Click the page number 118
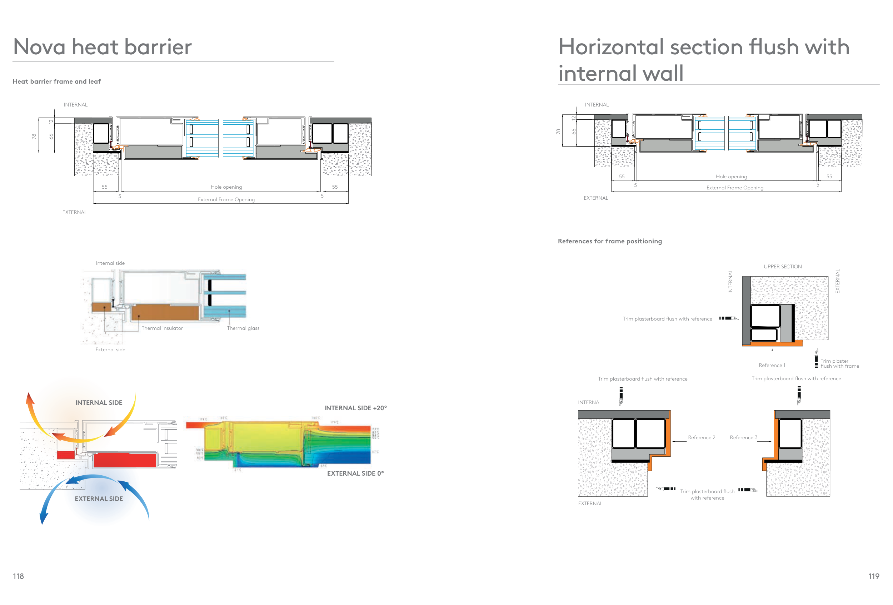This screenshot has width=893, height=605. tap(18, 576)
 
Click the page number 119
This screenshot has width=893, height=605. tap(873, 576)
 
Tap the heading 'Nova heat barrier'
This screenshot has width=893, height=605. tap(102, 47)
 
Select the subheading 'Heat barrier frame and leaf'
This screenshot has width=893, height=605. tap(56, 81)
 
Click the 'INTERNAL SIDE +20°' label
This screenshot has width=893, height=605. tap(355, 408)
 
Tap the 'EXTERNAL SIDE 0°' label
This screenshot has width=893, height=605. tap(355, 473)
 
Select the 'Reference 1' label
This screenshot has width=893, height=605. tap(772, 365)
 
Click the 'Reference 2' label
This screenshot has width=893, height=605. tap(701, 437)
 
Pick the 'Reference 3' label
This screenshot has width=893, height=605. tap(743, 437)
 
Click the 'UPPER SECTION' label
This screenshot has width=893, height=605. tap(782, 266)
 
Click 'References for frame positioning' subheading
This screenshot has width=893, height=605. tap(609, 241)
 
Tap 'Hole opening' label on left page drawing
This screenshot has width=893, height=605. tap(226, 187)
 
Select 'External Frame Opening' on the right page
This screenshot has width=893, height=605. tap(734, 188)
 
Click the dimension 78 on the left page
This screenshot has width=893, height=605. tap(34, 136)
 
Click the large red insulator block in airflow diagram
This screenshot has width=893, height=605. tap(125, 460)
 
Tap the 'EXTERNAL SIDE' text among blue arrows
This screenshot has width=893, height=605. tap(99, 499)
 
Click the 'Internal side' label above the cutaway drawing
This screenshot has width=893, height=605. tap(110, 263)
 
